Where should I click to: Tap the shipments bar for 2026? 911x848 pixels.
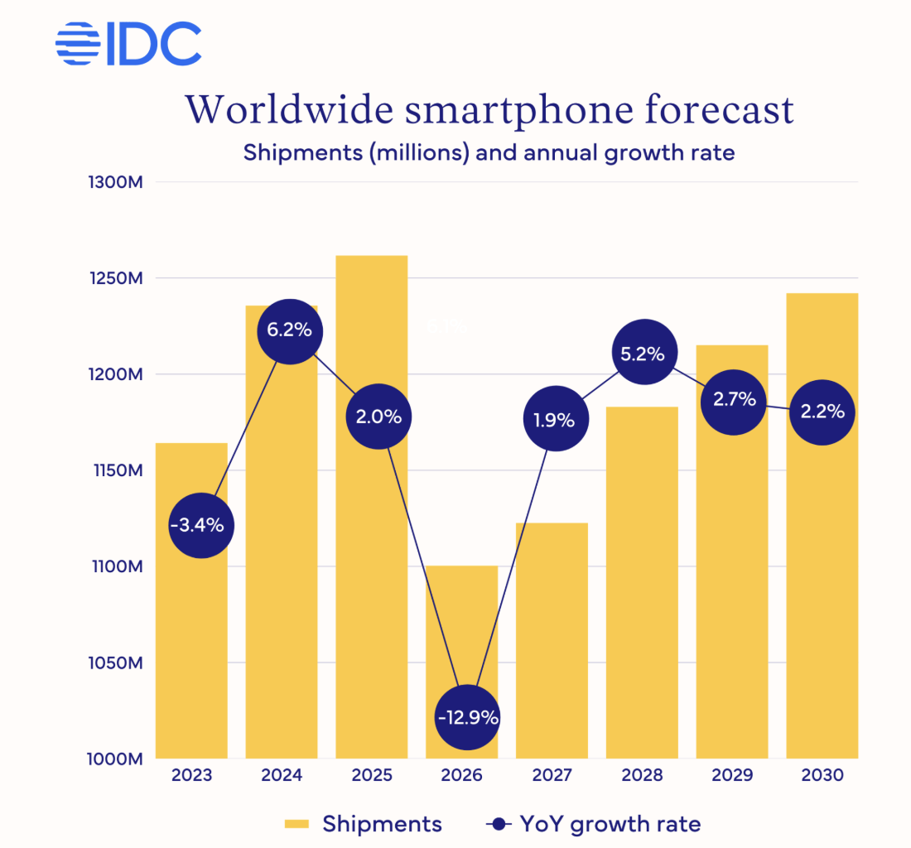pyautogui.click(x=461, y=629)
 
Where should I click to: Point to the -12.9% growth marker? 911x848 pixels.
pyautogui.click(x=468, y=717)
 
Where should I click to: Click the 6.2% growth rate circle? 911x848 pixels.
pyautogui.click(x=289, y=330)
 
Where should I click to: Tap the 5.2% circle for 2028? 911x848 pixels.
pyautogui.click(x=643, y=354)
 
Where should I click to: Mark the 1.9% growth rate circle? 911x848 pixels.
pyautogui.click(x=555, y=420)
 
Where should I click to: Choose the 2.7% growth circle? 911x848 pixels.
pyautogui.click(x=735, y=400)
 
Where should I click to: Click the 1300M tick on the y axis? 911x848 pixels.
pyautogui.click(x=116, y=182)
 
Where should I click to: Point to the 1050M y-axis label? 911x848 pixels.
pyautogui.click(x=116, y=663)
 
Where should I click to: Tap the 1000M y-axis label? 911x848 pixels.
pyautogui.click(x=116, y=759)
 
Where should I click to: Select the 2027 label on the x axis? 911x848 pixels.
pyautogui.click(x=552, y=776)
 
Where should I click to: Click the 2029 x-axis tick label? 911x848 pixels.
pyautogui.click(x=732, y=776)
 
